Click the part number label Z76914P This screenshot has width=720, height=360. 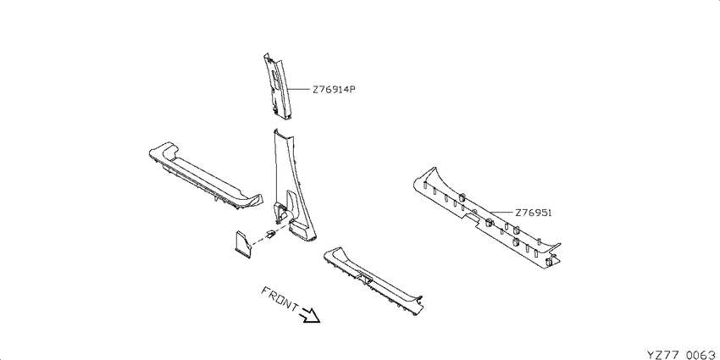[335, 90]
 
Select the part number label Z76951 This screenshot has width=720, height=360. [533, 213]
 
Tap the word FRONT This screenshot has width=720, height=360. [280, 299]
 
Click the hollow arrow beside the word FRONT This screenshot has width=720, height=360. [309, 315]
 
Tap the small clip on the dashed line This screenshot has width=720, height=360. [270, 234]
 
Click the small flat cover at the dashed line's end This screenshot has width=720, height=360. [243, 244]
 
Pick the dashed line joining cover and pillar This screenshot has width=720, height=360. [271, 233]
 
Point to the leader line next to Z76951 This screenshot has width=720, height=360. [501, 213]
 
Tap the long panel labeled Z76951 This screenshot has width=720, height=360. [486, 217]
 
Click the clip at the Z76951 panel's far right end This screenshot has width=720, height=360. [548, 263]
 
